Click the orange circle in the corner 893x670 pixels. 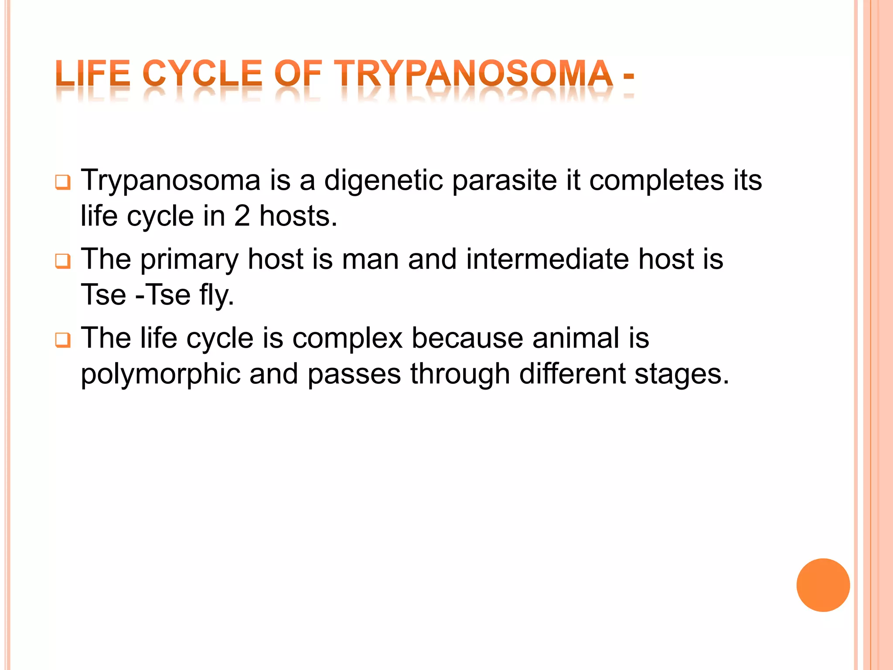click(x=823, y=585)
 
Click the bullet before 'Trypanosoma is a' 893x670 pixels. click(x=63, y=182)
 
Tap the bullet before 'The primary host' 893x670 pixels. click(x=63, y=261)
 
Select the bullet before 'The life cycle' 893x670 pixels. click(x=63, y=340)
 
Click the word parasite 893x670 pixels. click(x=504, y=181)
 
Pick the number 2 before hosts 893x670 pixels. click(x=242, y=216)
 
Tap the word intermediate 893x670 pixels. click(x=547, y=259)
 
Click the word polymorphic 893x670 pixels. click(x=160, y=375)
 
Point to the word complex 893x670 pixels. click(x=347, y=339)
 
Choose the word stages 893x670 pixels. click(x=682, y=375)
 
